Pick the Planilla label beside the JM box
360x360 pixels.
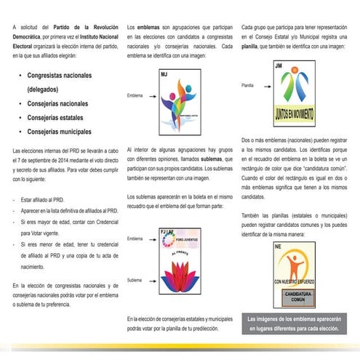click(248, 86)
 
